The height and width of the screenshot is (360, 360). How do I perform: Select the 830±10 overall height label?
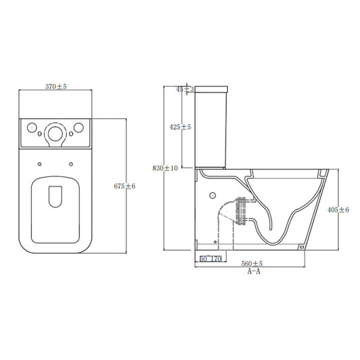(x=166, y=168)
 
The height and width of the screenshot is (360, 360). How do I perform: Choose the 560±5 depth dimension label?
(x=253, y=264)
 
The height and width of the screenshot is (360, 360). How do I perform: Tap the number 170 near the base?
(x=216, y=258)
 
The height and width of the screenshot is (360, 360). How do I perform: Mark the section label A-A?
(x=255, y=272)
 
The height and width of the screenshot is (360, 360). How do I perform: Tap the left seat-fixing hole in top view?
(x=41, y=162)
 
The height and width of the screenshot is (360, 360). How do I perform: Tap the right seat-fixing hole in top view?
(x=71, y=162)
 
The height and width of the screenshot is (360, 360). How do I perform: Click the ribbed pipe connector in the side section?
(x=239, y=210)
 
